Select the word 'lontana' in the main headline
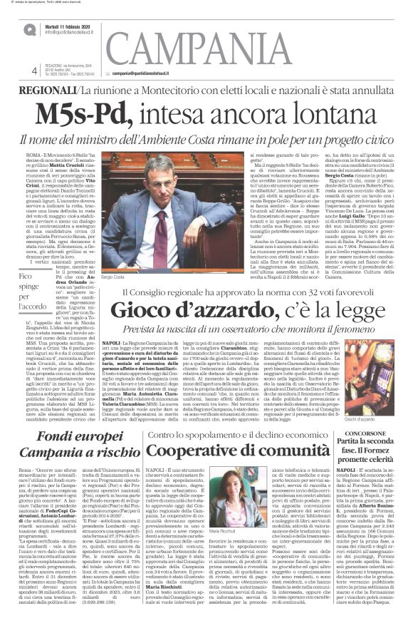291,113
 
